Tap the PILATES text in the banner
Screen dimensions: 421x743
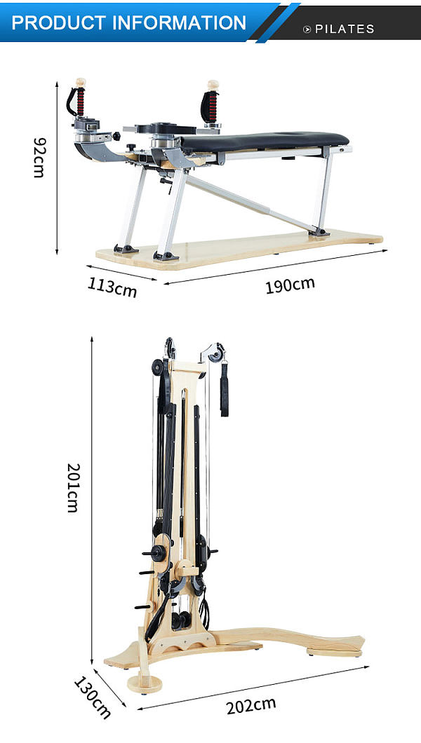(x=345, y=29)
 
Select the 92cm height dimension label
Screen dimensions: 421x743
(x=39, y=157)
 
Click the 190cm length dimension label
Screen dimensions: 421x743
(x=290, y=285)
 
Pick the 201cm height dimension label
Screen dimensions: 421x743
(x=73, y=488)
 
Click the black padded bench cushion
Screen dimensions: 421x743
(x=265, y=141)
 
